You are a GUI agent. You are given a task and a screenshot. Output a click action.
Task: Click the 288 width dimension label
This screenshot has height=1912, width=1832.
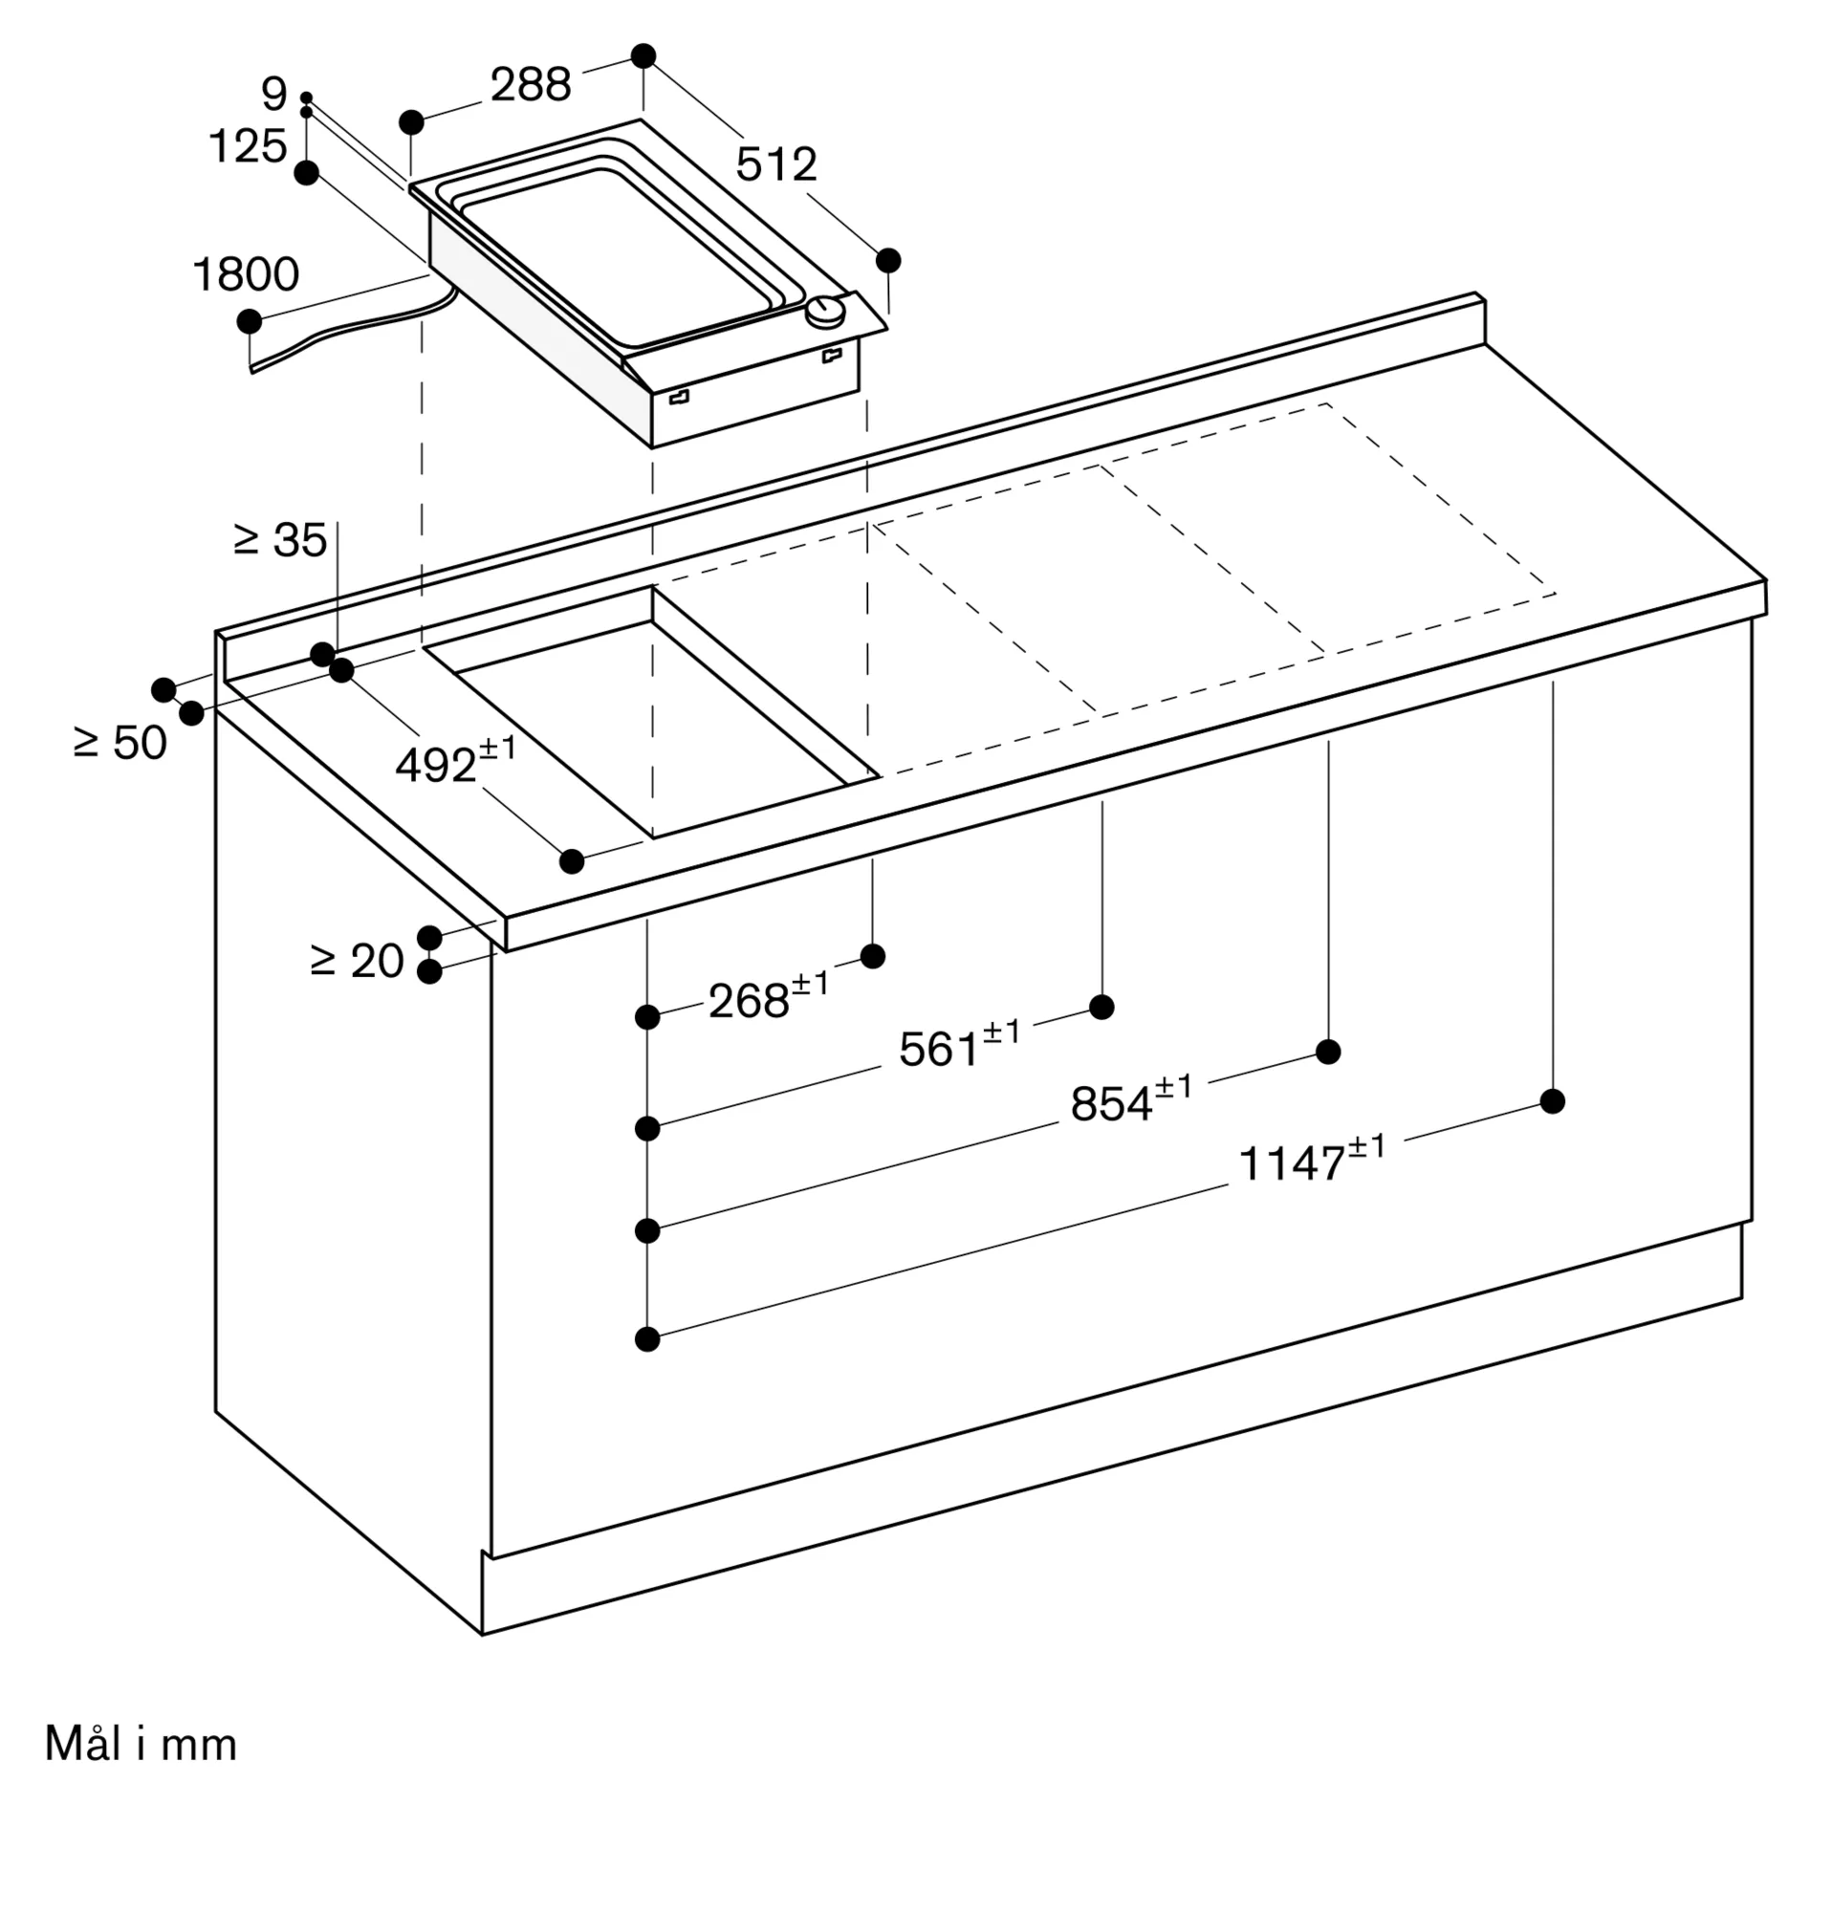pos(530,86)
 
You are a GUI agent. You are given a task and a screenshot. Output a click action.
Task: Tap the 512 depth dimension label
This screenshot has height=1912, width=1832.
pos(775,164)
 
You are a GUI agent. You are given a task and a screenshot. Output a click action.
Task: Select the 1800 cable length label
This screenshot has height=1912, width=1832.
pos(246,275)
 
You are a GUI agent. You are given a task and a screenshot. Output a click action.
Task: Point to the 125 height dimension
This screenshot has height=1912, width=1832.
pos(248,147)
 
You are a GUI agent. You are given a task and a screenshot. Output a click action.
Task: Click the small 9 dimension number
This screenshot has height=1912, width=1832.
pos(274,95)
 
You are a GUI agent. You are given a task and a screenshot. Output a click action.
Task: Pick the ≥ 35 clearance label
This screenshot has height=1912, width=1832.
pos(281,540)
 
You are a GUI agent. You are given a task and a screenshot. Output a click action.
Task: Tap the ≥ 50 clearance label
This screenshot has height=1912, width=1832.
pos(120,744)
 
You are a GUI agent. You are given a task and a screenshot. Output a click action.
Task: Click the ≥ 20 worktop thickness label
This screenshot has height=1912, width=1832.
pos(357,962)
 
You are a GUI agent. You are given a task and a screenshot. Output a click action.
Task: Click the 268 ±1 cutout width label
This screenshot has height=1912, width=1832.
pos(768,998)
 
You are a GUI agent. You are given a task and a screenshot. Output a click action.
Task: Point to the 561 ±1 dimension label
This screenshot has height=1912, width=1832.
pos(959,1047)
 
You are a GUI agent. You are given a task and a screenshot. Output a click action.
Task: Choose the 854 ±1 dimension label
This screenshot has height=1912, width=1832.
pos(1130,1101)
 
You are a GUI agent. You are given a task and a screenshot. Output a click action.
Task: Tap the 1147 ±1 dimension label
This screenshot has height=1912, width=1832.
pos(1310,1161)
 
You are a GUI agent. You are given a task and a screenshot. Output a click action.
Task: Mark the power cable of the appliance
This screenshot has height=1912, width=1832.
pos(351,330)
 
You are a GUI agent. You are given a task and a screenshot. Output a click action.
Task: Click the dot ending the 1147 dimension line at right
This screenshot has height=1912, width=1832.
pos(1552,1101)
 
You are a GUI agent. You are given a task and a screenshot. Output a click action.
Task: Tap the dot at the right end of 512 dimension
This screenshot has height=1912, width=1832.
pos(887,260)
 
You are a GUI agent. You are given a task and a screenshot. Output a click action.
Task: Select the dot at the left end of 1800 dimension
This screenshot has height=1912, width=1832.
pos(250,321)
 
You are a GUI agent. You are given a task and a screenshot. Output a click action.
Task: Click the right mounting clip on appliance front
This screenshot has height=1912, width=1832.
pos(832,356)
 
